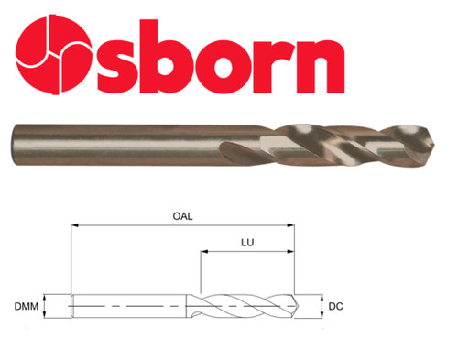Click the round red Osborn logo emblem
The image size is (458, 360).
point(54,54)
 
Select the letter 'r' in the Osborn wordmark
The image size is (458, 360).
point(274,66)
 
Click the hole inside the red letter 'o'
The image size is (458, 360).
point(225,66)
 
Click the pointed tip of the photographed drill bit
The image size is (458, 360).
point(434,144)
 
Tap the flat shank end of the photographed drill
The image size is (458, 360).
point(13,145)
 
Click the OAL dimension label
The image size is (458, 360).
point(182,216)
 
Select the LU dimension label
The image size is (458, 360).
point(247,243)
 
